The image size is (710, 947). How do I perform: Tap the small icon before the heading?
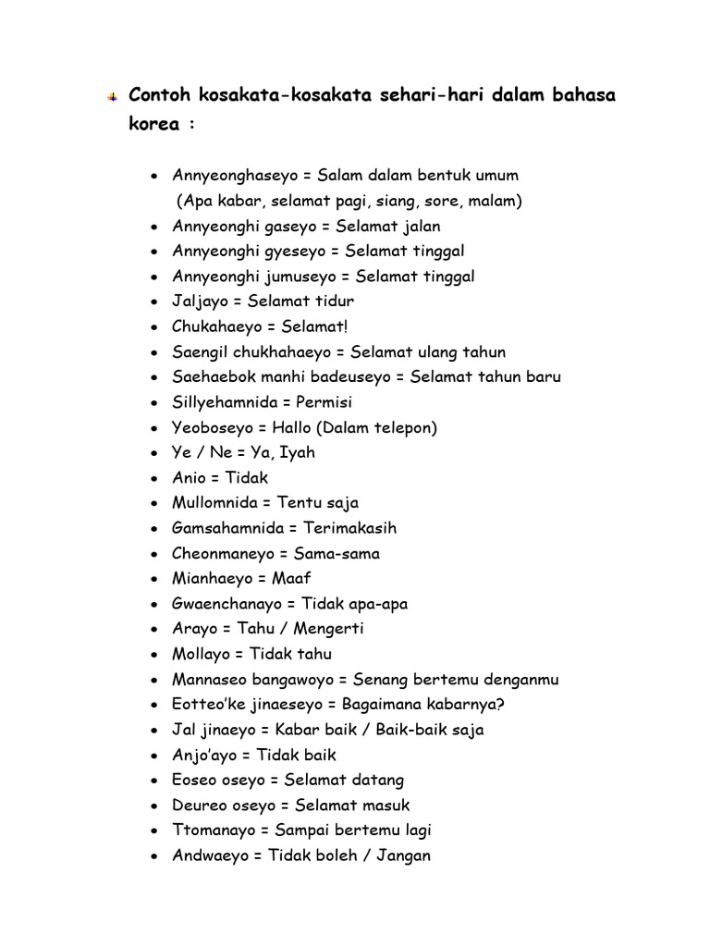(x=110, y=96)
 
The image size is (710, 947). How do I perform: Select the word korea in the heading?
(x=153, y=124)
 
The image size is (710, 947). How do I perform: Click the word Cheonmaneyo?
(x=223, y=554)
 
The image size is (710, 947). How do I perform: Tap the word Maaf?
(x=291, y=578)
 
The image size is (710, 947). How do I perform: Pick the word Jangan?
(x=402, y=855)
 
